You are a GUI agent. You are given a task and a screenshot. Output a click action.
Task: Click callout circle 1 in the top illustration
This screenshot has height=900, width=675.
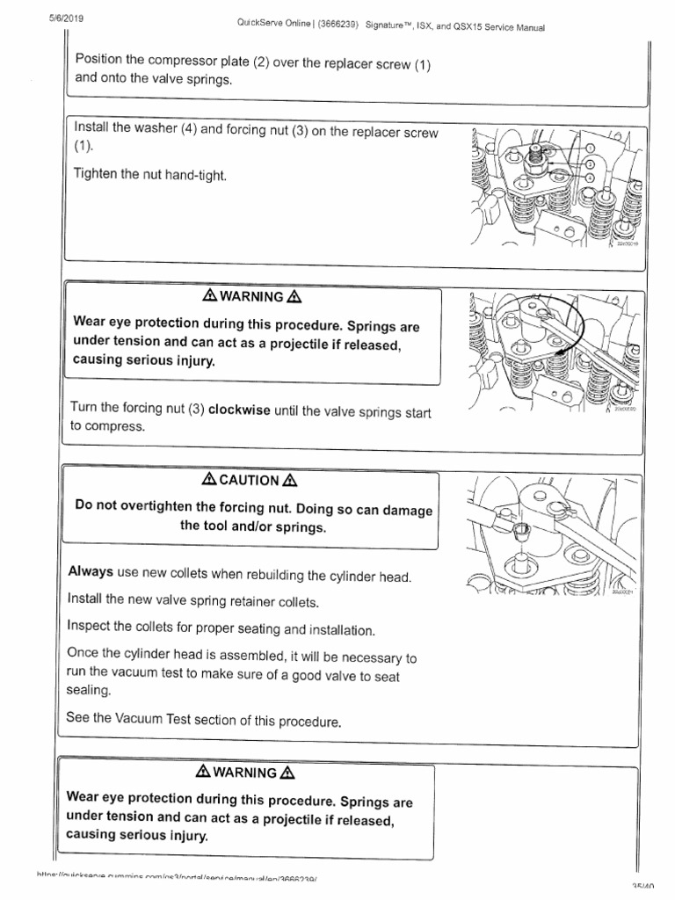coord(591,149)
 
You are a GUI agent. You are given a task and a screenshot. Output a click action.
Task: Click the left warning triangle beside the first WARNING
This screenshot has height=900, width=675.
coord(210,297)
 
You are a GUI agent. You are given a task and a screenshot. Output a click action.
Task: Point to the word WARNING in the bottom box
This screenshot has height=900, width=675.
coord(250,773)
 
